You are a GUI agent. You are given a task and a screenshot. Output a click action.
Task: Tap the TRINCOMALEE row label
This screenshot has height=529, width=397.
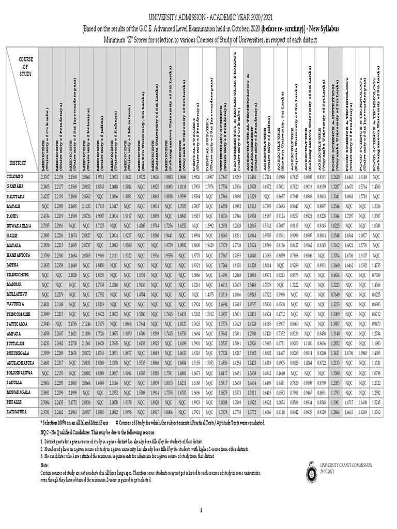click(x=19, y=313)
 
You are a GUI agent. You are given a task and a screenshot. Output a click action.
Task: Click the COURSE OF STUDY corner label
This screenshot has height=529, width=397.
click(x=26, y=67)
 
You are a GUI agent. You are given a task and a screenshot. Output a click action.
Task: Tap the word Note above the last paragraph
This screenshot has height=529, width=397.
click(x=45, y=465)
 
